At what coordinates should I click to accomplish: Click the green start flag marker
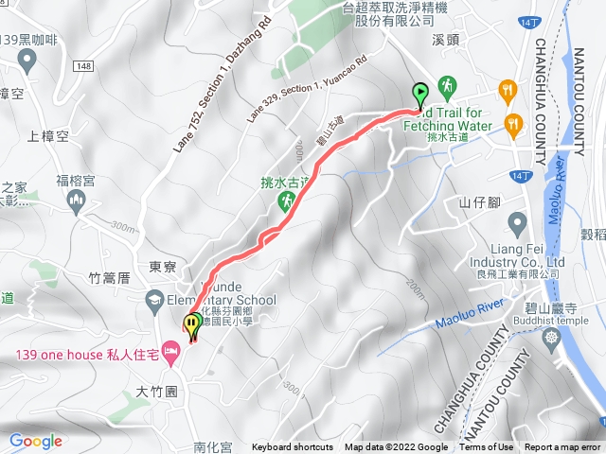[x=420, y=93]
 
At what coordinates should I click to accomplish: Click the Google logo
[x=35, y=441]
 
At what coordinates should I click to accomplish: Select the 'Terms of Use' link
[x=487, y=447]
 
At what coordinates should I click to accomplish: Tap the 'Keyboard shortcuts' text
[x=293, y=447]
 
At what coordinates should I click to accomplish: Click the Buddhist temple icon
[x=552, y=335]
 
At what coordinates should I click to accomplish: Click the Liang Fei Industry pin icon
[x=517, y=223]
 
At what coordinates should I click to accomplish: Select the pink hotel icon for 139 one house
[x=171, y=355]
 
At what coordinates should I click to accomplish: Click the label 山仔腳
[x=479, y=202]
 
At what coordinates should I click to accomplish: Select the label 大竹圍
[x=156, y=391]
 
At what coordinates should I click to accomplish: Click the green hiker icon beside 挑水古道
[x=284, y=201]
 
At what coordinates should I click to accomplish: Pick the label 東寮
[x=161, y=268]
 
